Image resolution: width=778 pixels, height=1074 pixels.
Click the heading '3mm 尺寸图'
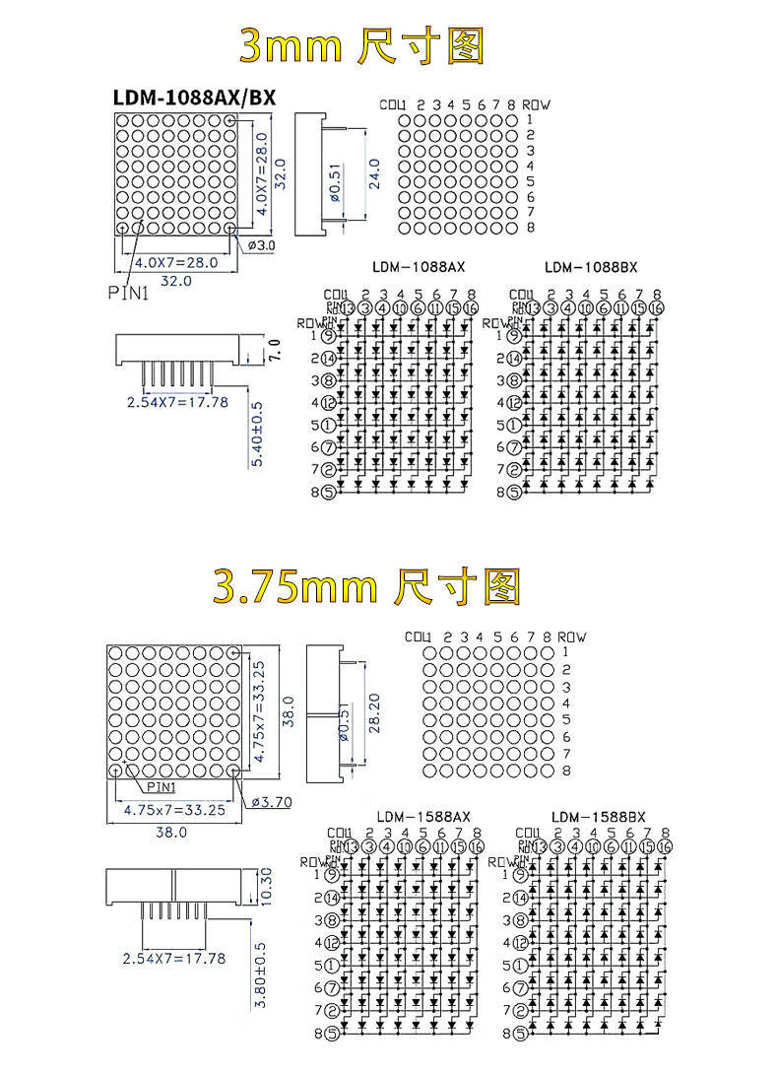coord(362,46)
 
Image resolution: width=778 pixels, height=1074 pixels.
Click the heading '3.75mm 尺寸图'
coord(365,586)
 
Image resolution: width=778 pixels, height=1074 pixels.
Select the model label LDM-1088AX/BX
coord(195,97)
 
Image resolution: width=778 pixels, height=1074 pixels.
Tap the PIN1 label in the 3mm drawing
coord(127,292)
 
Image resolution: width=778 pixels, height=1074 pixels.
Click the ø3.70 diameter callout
coord(272,801)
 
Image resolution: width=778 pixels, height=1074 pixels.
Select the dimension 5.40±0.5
coord(259,435)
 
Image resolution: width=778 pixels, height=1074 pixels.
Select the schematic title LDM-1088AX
coord(419,266)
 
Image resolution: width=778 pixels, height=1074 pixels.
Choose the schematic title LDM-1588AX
coord(424,816)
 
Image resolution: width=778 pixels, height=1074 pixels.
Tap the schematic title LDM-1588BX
coord(599,816)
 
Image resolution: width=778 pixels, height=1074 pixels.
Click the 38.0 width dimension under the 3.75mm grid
coord(171,832)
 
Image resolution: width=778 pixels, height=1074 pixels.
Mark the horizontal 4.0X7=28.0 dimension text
coord(175,261)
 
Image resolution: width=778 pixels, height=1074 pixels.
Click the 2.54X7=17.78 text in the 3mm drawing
coord(177,401)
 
